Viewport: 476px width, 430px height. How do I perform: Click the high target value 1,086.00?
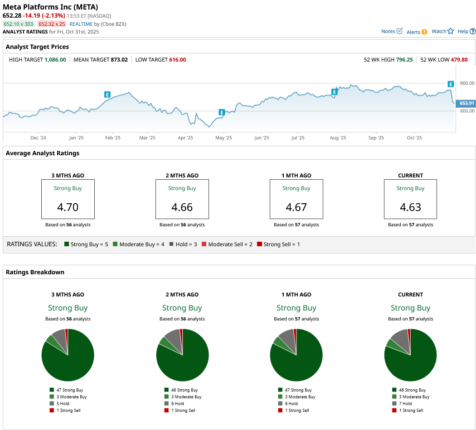pyautogui.click(x=55, y=60)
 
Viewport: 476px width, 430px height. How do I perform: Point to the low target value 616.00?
pyautogui.click(x=177, y=60)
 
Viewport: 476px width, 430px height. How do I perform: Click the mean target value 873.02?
pyautogui.click(x=119, y=60)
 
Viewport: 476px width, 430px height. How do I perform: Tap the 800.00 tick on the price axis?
pyautogui.click(x=467, y=83)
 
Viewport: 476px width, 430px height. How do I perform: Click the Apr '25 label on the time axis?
pyautogui.click(x=185, y=138)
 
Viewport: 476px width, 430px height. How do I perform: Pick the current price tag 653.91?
pyautogui.click(x=467, y=103)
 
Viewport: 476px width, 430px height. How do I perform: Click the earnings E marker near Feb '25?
pyautogui.click(x=107, y=95)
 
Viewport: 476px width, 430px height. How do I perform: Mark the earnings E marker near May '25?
pyautogui.click(x=222, y=112)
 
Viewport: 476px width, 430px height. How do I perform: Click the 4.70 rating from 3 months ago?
pyautogui.click(x=68, y=207)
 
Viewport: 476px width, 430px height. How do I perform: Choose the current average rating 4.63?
pyautogui.click(x=410, y=207)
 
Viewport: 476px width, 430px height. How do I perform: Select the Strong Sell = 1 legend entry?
pyautogui.click(x=278, y=244)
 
